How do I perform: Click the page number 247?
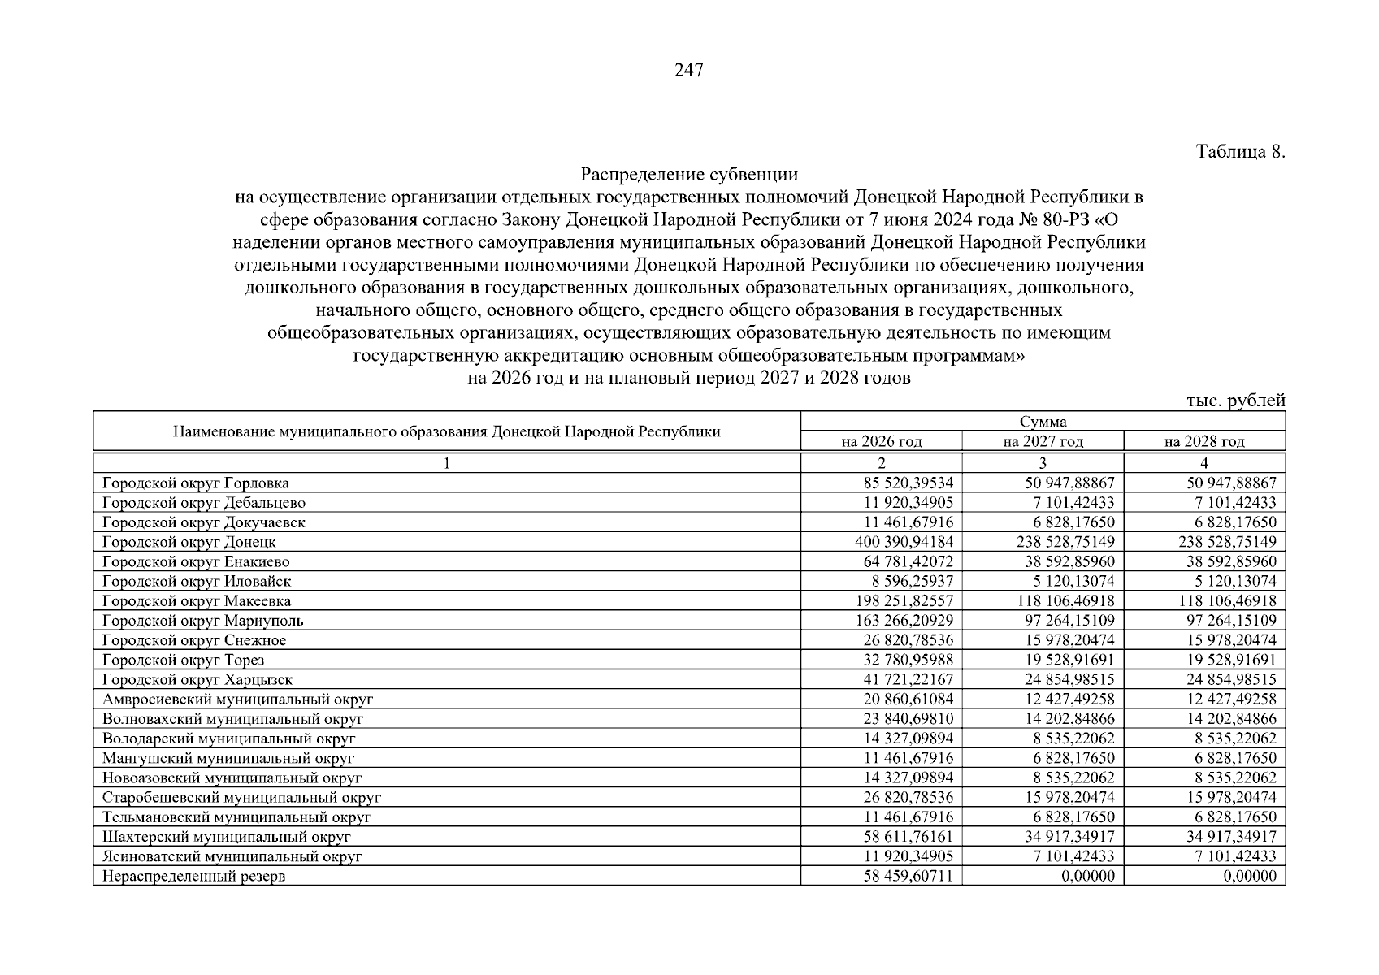click(689, 71)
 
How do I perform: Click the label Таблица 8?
click(1240, 152)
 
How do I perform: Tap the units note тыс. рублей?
click(1235, 401)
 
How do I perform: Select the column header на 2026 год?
click(882, 441)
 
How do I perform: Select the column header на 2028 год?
click(1204, 441)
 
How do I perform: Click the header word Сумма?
click(1043, 421)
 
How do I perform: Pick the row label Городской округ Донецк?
click(189, 542)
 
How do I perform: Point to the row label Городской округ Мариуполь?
click(202, 621)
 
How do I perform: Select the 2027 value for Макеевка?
click(1065, 601)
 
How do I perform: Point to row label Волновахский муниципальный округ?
click(232, 719)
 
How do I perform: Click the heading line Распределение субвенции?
click(689, 174)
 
